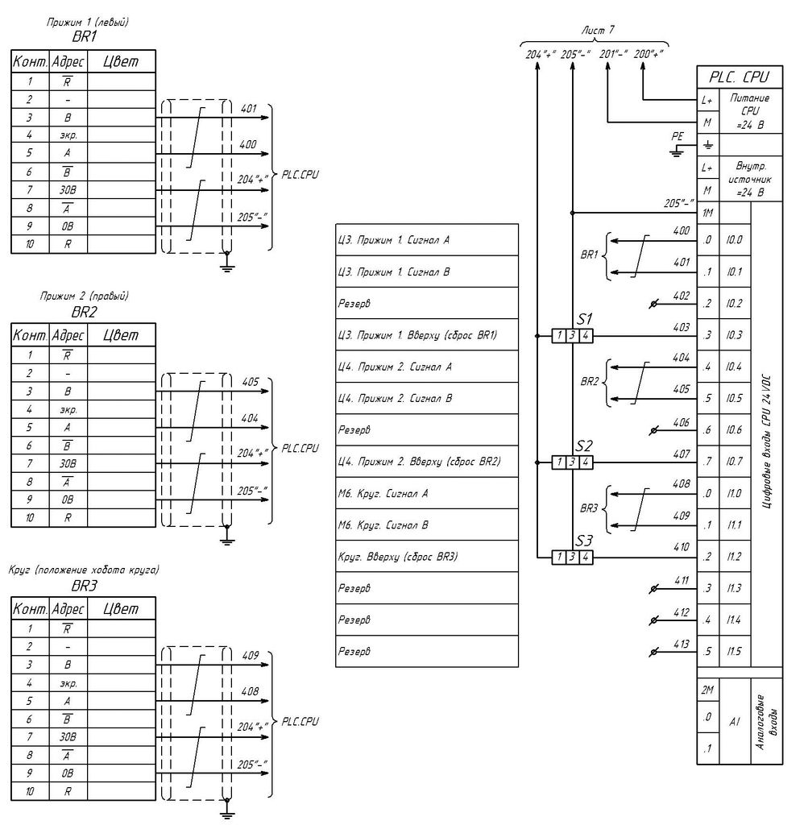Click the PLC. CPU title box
pyautogui.click(x=740, y=78)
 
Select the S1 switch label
pyautogui.click(x=584, y=318)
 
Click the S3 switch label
pyautogui.click(x=584, y=541)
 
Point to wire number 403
pyautogui.click(x=681, y=327)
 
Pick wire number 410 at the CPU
pyautogui.click(x=681, y=548)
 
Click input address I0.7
pyautogui.click(x=734, y=462)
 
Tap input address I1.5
pyautogui.click(x=734, y=651)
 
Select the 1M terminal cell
pyautogui.click(x=708, y=214)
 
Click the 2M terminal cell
pyautogui.click(x=707, y=690)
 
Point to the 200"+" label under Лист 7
pyautogui.click(x=648, y=53)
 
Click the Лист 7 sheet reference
pyautogui.click(x=598, y=29)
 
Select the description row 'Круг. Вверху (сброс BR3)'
pyautogui.click(x=426, y=557)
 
